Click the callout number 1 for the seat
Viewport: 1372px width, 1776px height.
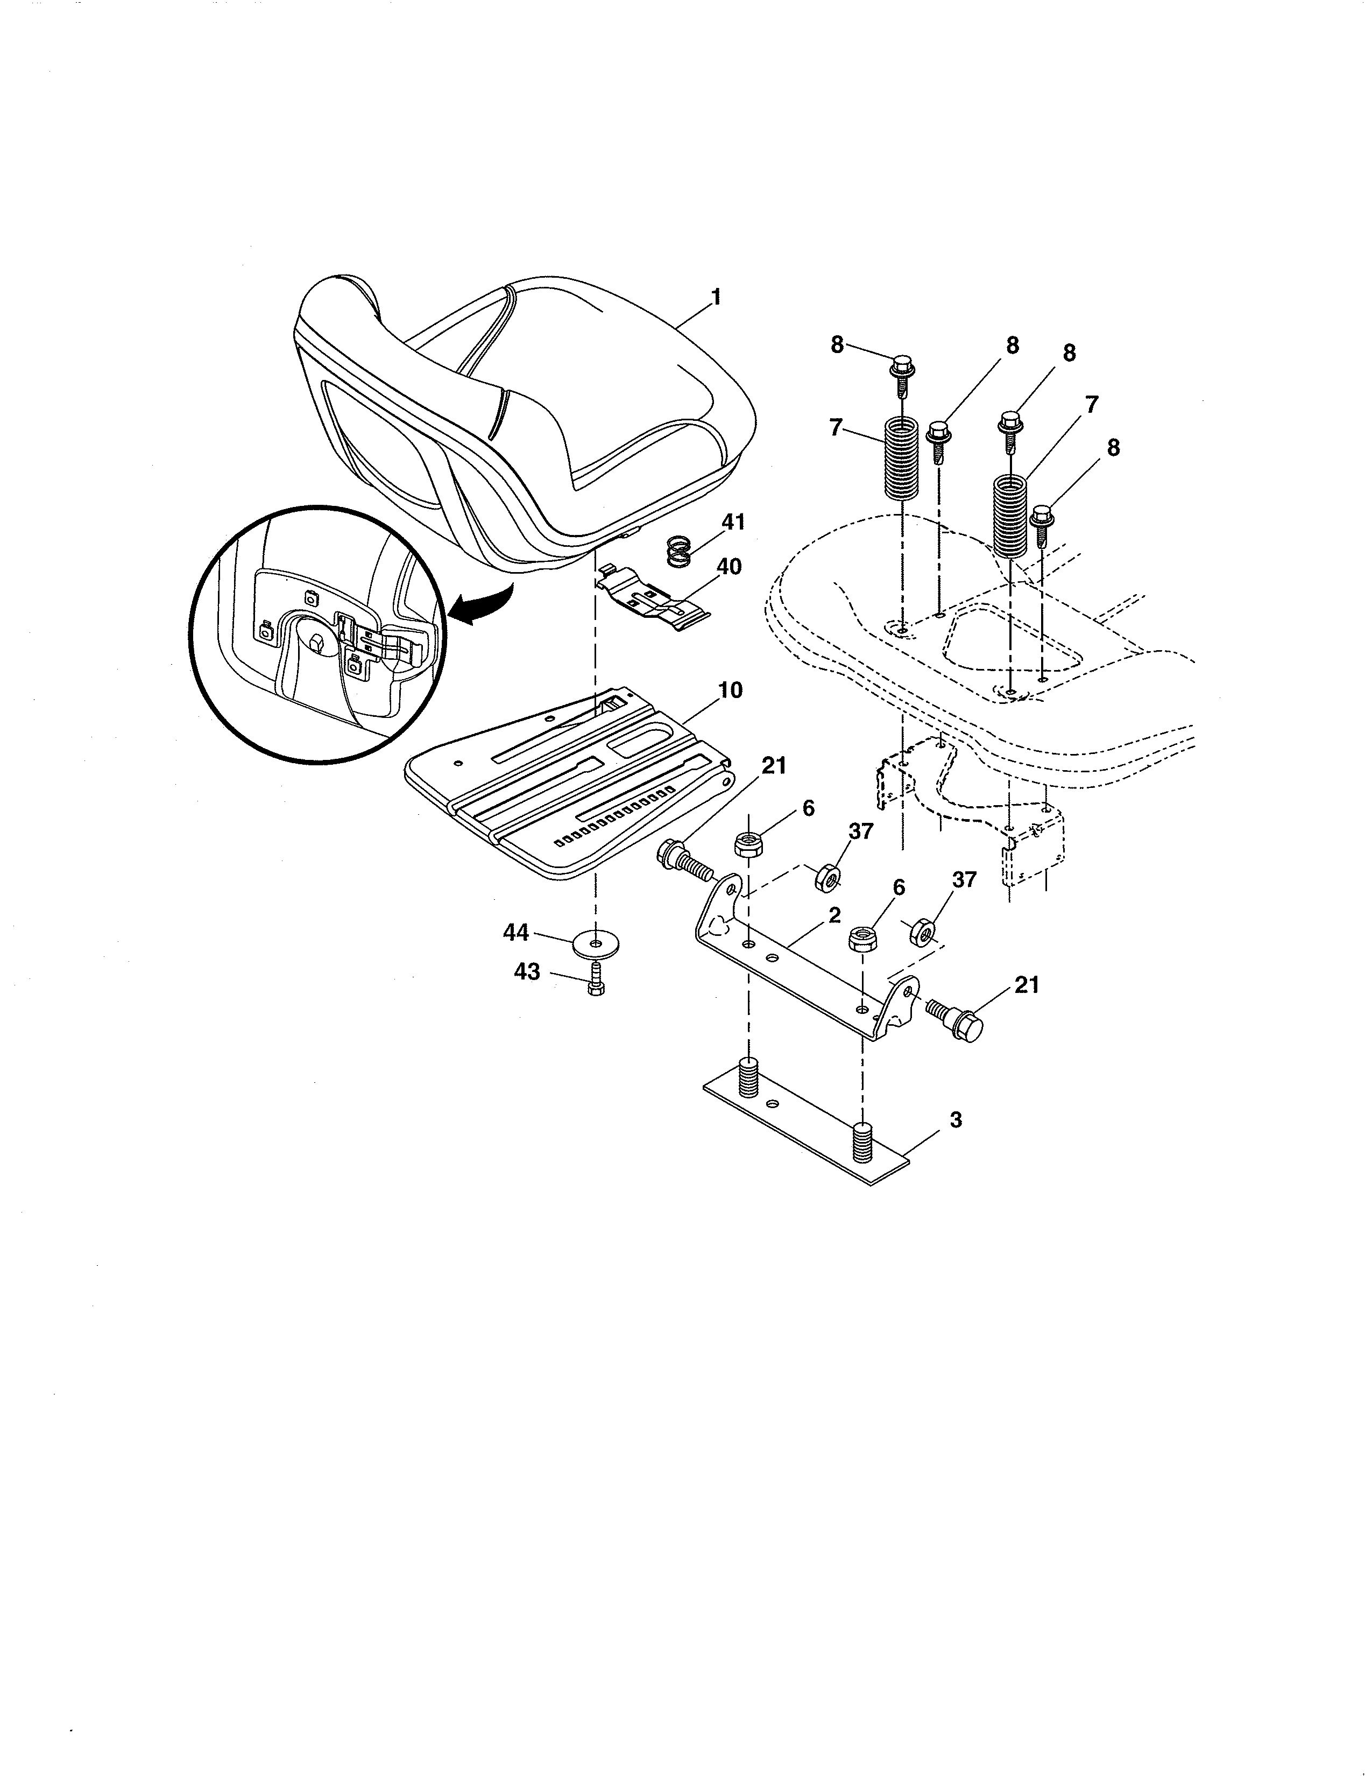[715, 298]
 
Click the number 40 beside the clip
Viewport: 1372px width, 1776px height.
[729, 567]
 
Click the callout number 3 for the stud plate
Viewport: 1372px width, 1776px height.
[956, 1120]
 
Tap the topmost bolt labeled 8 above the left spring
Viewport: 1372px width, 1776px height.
[901, 372]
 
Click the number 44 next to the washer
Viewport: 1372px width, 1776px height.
[516, 933]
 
